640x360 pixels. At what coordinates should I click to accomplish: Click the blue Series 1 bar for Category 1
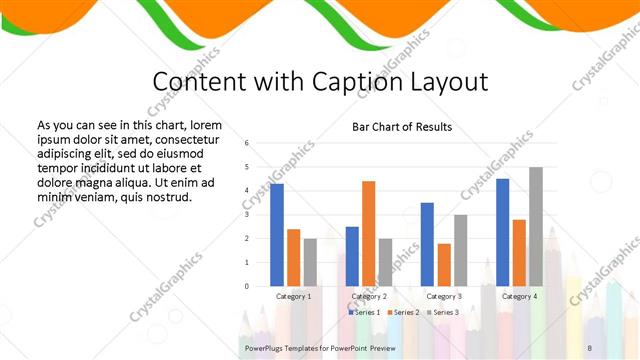(277, 235)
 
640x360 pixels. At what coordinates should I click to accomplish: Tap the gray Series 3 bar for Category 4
(536, 226)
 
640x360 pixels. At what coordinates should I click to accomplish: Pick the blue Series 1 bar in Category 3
(427, 244)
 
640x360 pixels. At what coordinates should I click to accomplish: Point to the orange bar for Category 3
(444, 265)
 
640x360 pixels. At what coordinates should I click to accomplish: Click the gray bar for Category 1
(310, 262)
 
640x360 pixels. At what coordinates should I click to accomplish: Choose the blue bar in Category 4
(502, 232)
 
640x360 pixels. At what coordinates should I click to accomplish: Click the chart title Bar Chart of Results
(402, 128)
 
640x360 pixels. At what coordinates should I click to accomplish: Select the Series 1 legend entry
(363, 313)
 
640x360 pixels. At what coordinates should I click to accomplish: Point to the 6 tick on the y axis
(246, 142)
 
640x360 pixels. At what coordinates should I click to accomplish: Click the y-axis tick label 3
(246, 214)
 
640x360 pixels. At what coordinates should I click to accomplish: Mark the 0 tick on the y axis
(246, 286)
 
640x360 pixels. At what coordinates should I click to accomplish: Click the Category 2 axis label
(369, 297)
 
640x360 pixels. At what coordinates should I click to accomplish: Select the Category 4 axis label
(519, 297)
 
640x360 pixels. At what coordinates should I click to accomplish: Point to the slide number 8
(589, 347)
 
